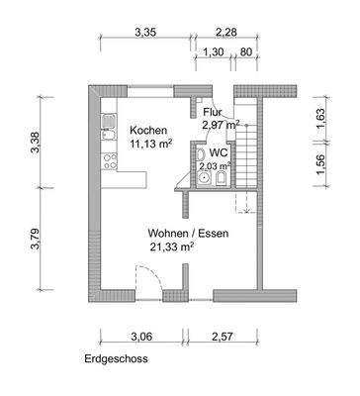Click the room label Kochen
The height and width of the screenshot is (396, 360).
click(x=148, y=131)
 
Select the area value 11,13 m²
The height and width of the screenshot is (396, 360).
click(x=150, y=145)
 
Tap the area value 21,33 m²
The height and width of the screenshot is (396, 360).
click(x=171, y=247)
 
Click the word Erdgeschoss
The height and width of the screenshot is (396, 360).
click(x=117, y=359)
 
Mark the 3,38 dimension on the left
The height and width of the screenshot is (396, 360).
click(x=38, y=145)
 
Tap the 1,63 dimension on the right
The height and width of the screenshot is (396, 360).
click(x=319, y=115)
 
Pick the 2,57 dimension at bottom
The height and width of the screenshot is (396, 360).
click(x=223, y=338)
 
